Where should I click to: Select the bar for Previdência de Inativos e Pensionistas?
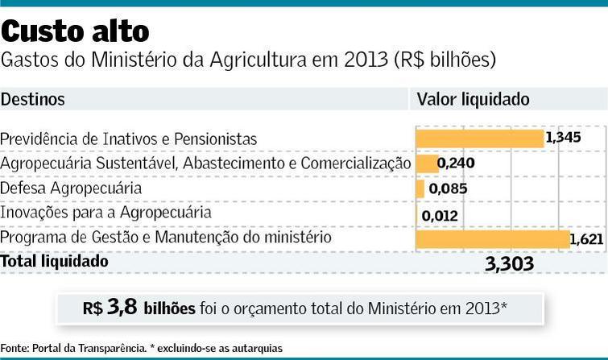(x=480, y=139)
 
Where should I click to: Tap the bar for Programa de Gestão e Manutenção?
(x=492, y=239)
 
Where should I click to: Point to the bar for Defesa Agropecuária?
(x=420, y=189)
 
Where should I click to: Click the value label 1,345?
(x=563, y=138)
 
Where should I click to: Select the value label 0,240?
(x=457, y=164)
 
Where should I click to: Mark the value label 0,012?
(x=440, y=215)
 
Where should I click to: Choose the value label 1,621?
(x=586, y=239)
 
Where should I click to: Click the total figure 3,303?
(x=510, y=264)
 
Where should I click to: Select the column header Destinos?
(x=33, y=100)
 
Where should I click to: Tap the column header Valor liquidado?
(x=473, y=100)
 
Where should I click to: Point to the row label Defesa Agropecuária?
(x=72, y=188)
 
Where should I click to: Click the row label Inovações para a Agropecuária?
(x=106, y=213)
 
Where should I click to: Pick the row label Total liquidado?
(x=55, y=262)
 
